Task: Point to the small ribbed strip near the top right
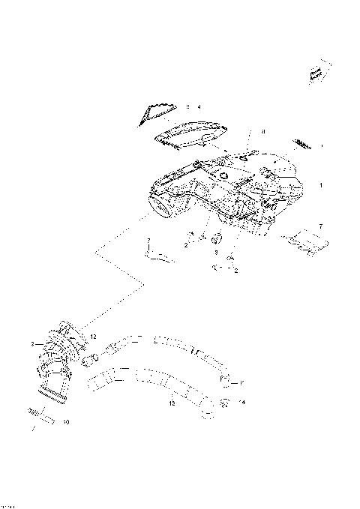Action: click(x=303, y=143)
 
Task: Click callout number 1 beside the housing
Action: click(x=321, y=184)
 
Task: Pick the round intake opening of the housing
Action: click(x=164, y=207)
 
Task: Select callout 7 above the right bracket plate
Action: click(x=320, y=225)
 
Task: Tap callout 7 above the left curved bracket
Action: click(x=148, y=240)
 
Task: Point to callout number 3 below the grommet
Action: click(x=216, y=253)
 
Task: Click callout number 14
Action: click(x=241, y=403)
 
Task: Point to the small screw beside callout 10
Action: click(x=34, y=412)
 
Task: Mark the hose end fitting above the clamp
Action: click(x=225, y=382)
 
